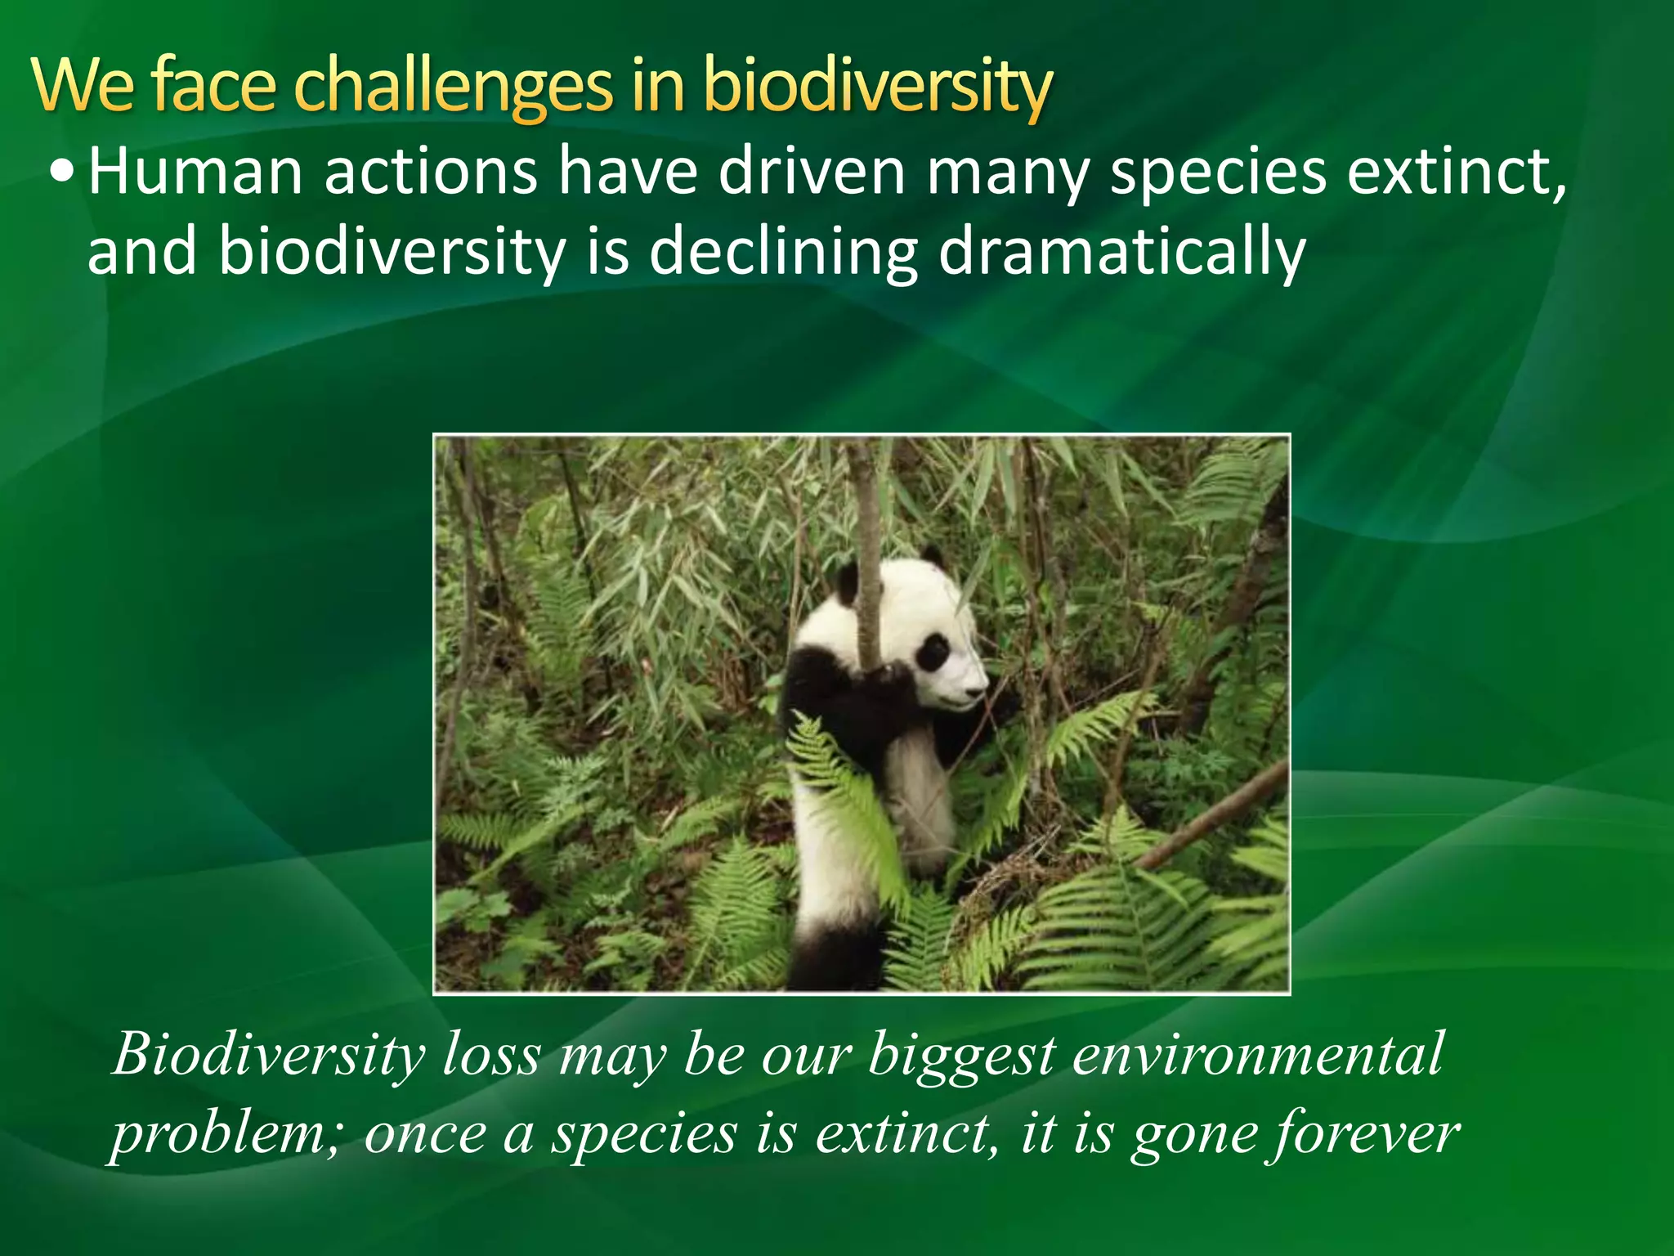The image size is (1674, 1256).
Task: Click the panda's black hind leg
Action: click(834, 957)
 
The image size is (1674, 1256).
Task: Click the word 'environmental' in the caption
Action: click(1258, 1055)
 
